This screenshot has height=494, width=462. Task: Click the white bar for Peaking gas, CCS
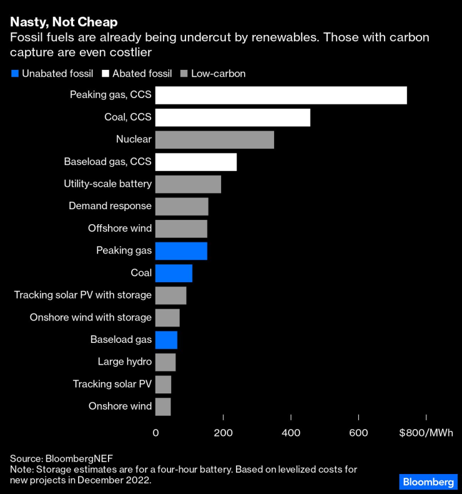coord(281,95)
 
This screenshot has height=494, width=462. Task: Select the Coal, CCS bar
coord(232,117)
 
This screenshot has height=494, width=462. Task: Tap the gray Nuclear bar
coord(214,140)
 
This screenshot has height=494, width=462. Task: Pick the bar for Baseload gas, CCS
coord(195,162)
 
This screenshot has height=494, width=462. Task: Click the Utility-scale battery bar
coord(188,184)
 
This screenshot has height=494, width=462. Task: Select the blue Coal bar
coord(174,273)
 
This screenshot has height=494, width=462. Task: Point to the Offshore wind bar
coord(181,229)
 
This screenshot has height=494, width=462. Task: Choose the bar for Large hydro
coord(165,362)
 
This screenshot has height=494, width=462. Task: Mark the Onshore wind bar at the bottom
coord(163,407)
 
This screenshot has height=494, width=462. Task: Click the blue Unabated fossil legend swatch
coord(14,74)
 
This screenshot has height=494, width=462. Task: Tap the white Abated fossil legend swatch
coord(105,74)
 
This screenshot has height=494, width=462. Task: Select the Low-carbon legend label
coord(218,74)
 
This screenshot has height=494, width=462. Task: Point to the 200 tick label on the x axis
coord(223,432)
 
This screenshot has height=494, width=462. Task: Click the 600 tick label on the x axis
coord(358,432)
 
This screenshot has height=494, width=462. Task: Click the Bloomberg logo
coord(428,482)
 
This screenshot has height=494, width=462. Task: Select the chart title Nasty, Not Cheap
coord(64,22)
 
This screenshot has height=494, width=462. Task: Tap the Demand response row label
coord(110,206)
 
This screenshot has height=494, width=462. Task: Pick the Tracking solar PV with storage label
coord(83,295)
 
